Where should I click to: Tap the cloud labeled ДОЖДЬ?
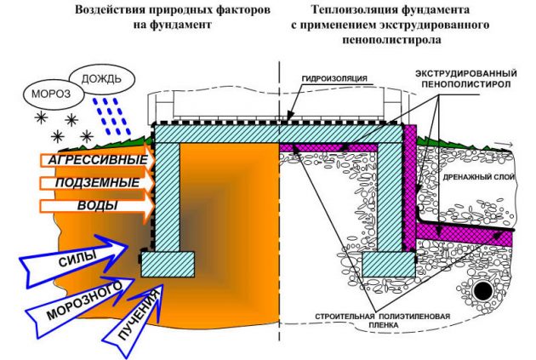101,79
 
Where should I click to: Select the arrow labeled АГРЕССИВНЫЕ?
98,160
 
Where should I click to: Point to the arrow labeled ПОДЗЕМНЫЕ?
98,183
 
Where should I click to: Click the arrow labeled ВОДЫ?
98,206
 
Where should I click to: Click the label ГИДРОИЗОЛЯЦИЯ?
334,78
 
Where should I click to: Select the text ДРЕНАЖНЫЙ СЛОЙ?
478,177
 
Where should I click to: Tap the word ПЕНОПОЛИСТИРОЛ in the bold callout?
466,84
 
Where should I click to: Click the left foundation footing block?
168,265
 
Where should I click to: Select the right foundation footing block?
389,265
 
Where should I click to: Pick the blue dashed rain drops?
111,117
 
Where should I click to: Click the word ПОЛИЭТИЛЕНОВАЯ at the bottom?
414,317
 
